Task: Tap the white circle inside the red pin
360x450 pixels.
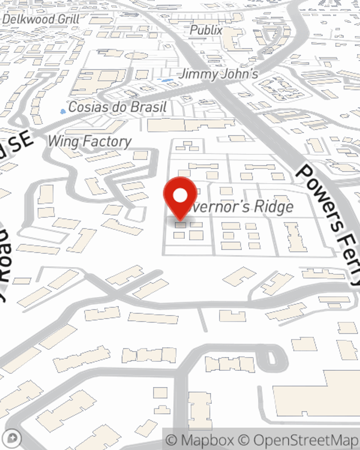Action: click(180, 195)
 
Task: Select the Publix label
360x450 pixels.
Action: click(206, 30)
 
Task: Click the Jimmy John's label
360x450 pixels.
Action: click(219, 74)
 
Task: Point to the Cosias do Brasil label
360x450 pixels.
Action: click(117, 107)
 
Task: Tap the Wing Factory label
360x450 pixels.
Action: click(90, 141)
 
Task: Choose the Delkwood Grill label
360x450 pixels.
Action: click(41, 19)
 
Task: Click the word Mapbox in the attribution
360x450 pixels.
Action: click(207, 440)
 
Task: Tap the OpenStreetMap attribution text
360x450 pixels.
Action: click(305, 440)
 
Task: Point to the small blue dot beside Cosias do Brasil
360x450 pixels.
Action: click(63, 112)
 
